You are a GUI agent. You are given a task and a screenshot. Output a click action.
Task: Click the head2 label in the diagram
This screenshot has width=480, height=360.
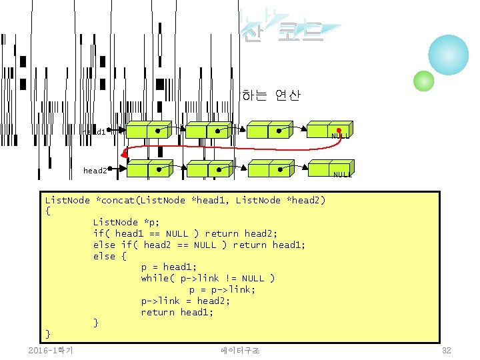pyautogui.click(x=95, y=171)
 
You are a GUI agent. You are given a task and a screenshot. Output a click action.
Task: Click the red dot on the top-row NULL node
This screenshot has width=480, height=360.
pyautogui.click(x=339, y=130)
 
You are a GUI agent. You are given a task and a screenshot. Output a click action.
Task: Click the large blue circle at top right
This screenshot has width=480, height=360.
pyautogui.click(x=448, y=56)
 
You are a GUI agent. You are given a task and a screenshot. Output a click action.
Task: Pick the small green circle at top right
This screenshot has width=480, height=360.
pyautogui.click(x=424, y=81)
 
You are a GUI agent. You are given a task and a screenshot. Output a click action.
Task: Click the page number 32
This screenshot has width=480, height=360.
pyautogui.click(x=447, y=351)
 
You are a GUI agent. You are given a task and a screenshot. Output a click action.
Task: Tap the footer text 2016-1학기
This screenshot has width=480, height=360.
pyautogui.click(x=51, y=351)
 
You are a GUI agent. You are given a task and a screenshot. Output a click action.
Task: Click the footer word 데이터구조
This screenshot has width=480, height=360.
pyautogui.click(x=240, y=351)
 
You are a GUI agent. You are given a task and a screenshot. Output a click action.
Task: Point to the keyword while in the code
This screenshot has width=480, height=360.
pyautogui.click(x=155, y=278)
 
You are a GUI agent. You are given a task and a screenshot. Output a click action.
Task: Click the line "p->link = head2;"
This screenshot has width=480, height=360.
pyautogui.click(x=185, y=301)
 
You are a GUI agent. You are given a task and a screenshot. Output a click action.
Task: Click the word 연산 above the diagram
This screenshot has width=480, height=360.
pyautogui.click(x=287, y=95)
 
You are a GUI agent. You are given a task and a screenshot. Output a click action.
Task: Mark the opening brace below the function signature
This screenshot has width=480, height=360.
pyautogui.click(x=47, y=211)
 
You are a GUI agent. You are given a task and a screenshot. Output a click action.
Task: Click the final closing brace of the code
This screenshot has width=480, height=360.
pyautogui.click(x=47, y=333)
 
